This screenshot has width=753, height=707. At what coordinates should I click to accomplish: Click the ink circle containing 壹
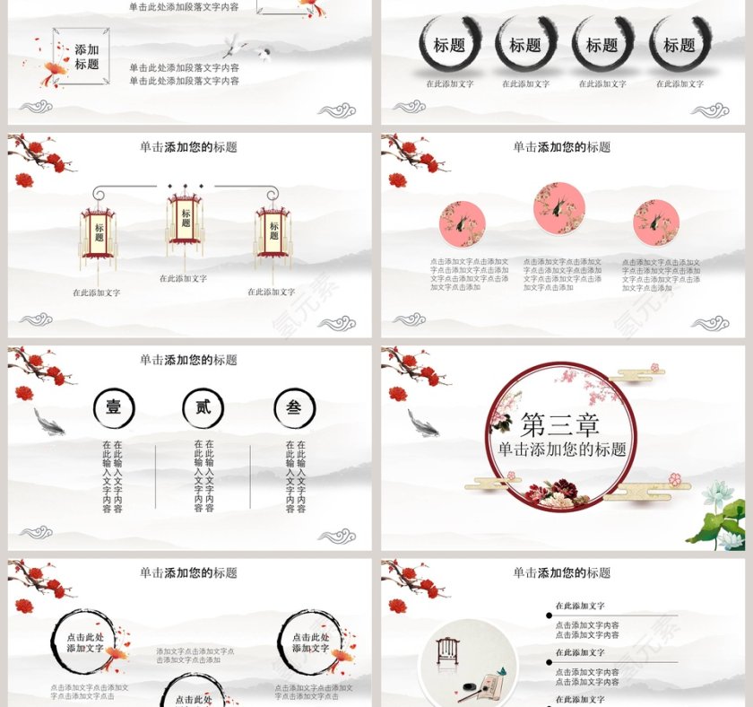[114, 408]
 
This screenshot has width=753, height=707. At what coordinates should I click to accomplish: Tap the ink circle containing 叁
[294, 408]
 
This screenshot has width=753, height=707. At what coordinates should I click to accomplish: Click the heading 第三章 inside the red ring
[559, 424]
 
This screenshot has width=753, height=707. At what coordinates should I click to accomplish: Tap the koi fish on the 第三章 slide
[422, 423]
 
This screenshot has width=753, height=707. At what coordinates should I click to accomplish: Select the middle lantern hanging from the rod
[186, 219]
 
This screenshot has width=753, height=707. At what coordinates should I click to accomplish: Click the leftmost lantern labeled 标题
[99, 232]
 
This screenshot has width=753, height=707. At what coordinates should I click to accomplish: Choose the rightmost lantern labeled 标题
[273, 231]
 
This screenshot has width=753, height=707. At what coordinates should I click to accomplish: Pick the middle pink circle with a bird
[558, 207]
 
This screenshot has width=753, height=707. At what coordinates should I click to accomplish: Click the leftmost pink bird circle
[462, 224]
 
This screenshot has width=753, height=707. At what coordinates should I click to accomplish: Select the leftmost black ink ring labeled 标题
[449, 45]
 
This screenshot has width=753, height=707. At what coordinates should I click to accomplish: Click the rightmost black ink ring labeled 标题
[679, 45]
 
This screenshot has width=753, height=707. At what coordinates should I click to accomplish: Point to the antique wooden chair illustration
[446, 652]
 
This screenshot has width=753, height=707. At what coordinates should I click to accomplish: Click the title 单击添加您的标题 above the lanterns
[188, 147]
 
